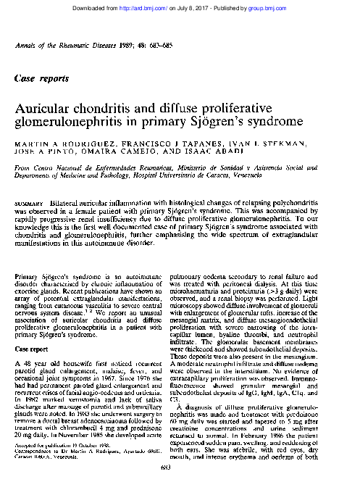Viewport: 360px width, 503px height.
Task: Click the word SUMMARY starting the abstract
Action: tap(28, 199)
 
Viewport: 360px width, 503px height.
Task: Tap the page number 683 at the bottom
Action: tap(180, 492)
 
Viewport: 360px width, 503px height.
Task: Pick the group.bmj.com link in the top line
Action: tap(293, 7)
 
